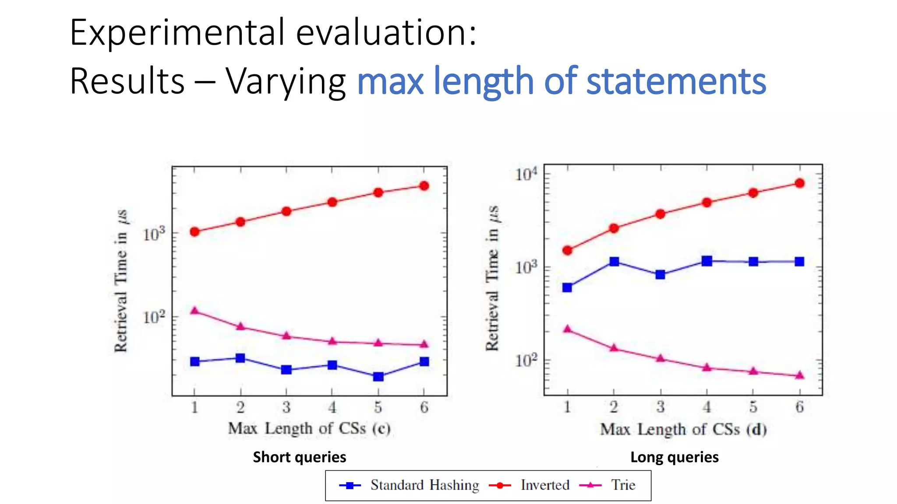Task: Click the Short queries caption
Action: [x=299, y=457]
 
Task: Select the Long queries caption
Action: [x=674, y=457]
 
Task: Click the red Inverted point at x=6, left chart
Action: [x=424, y=186]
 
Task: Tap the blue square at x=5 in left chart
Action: [x=378, y=376]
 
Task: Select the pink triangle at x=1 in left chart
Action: [x=195, y=311]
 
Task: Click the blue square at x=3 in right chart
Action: [x=660, y=274]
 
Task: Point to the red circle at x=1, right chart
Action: [x=567, y=250]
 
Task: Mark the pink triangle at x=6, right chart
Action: [x=799, y=375]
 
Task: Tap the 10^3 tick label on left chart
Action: [x=154, y=234]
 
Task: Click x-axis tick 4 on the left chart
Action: [x=332, y=408]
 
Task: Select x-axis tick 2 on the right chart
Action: [x=614, y=407]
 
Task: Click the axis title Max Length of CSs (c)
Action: [x=309, y=428]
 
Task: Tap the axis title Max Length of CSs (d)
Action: [x=683, y=429]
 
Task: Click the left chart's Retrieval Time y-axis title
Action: [x=121, y=280]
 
